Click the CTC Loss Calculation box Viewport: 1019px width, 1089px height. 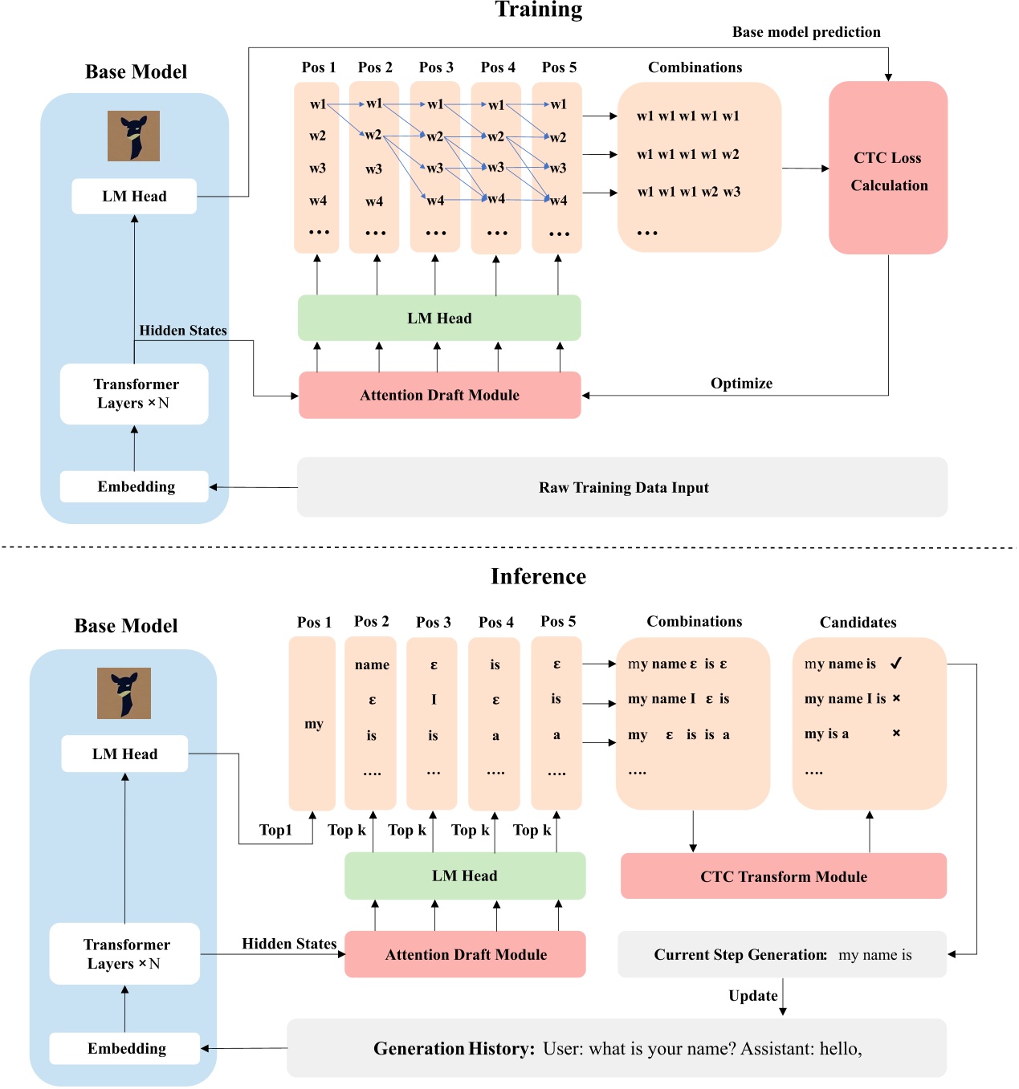pyautogui.click(x=888, y=169)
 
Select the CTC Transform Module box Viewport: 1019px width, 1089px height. pyautogui.click(x=783, y=876)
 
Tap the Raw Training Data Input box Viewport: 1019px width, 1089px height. pyautogui.click(x=622, y=487)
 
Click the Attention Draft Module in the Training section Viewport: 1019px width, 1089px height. pyautogui.click(x=439, y=395)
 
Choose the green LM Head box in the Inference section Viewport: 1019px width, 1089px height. pyautogui.click(x=464, y=876)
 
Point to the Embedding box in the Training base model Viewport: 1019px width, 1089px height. pyautogui.click(x=135, y=486)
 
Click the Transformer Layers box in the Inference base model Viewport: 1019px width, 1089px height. pyautogui.click(x=124, y=953)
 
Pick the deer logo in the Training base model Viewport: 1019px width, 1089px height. pyautogui.click(x=133, y=136)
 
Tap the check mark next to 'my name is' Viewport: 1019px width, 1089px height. pyautogui.click(x=896, y=663)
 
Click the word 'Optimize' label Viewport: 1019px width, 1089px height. pyautogui.click(x=741, y=384)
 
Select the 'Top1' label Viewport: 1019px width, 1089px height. pyautogui.click(x=275, y=830)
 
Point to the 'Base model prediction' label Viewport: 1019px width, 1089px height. pyautogui.click(x=806, y=32)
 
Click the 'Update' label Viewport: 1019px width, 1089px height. pyautogui.click(x=752, y=996)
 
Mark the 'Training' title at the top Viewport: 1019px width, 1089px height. pyautogui.click(x=538, y=10)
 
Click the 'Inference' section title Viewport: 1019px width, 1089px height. pyautogui.click(x=538, y=576)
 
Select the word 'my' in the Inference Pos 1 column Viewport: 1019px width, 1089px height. pyautogui.click(x=313, y=724)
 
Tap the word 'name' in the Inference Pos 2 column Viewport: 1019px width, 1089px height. pyautogui.click(x=372, y=664)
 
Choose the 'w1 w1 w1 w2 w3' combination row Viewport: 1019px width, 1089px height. pyautogui.click(x=688, y=192)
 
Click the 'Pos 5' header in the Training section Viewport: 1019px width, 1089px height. pyautogui.click(x=559, y=67)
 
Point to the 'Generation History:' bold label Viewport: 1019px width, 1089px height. pyautogui.click(x=454, y=1048)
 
